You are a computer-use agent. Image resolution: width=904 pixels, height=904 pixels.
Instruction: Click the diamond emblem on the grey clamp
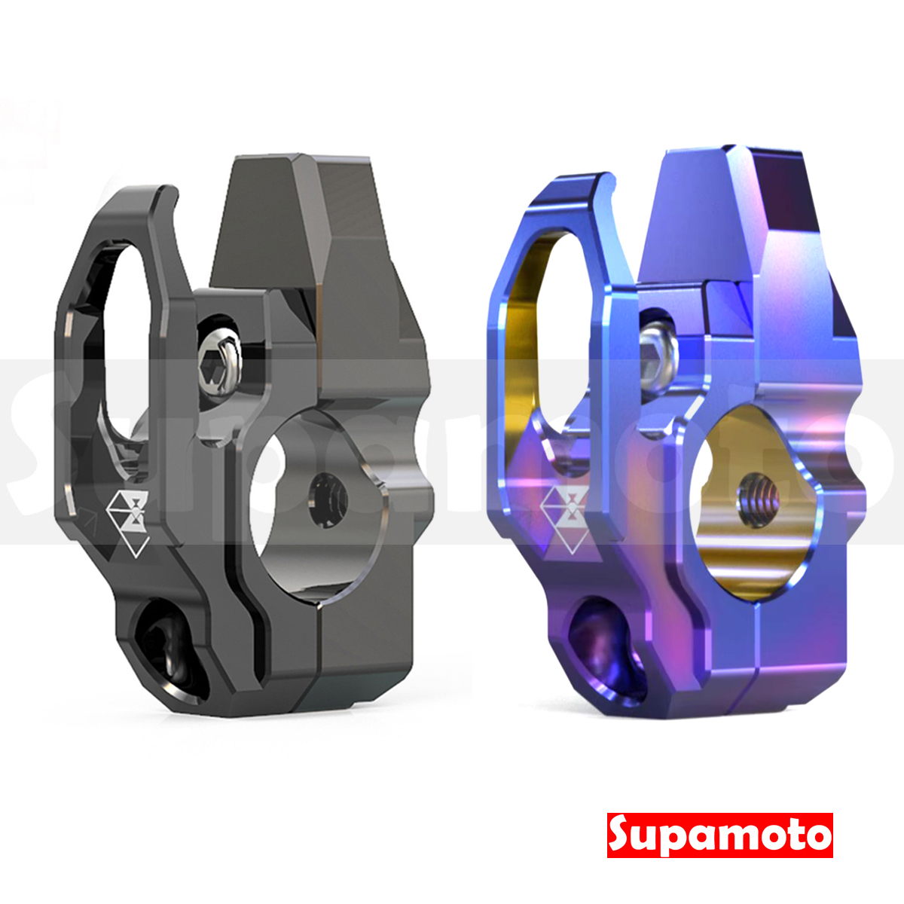coord(128,519)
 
